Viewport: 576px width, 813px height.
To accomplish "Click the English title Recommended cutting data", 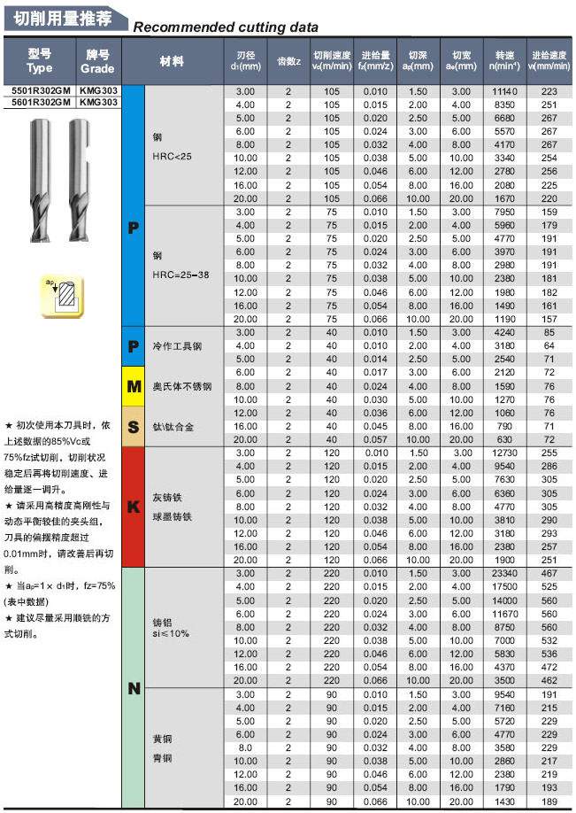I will (x=225, y=27).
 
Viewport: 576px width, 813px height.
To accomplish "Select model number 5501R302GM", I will (x=40, y=90).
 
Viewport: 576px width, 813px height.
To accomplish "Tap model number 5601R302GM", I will (x=40, y=102).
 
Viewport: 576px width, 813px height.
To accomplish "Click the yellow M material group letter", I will (x=133, y=386).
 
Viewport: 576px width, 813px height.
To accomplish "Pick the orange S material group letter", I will (x=133, y=427).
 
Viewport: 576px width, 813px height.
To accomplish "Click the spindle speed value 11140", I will (x=503, y=91).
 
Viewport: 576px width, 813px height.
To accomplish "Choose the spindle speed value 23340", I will (x=503, y=574).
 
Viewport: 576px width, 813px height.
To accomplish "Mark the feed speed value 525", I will (x=549, y=587).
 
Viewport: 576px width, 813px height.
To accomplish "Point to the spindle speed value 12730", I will (x=503, y=453).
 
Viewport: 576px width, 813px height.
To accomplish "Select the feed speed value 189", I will (x=549, y=801).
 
